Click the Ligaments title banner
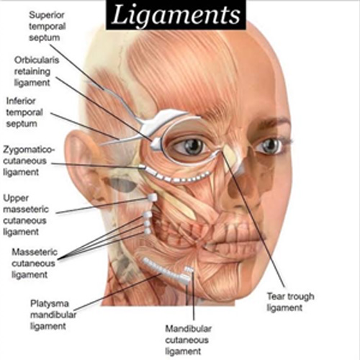pos(176,14)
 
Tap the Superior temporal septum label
pos(48,26)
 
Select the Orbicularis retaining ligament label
pos(37,71)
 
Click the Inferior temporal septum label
pos(24,112)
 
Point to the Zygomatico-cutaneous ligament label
pos(29,161)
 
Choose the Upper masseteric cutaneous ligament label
pos(26,215)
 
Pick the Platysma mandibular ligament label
pos(53,315)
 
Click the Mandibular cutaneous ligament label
pos(188,340)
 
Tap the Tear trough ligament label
pos(290,302)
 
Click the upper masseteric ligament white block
pos(152,197)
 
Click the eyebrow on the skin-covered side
pos(271,122)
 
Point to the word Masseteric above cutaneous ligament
pos(35,252)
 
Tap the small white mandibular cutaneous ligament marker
pos(189,270)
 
